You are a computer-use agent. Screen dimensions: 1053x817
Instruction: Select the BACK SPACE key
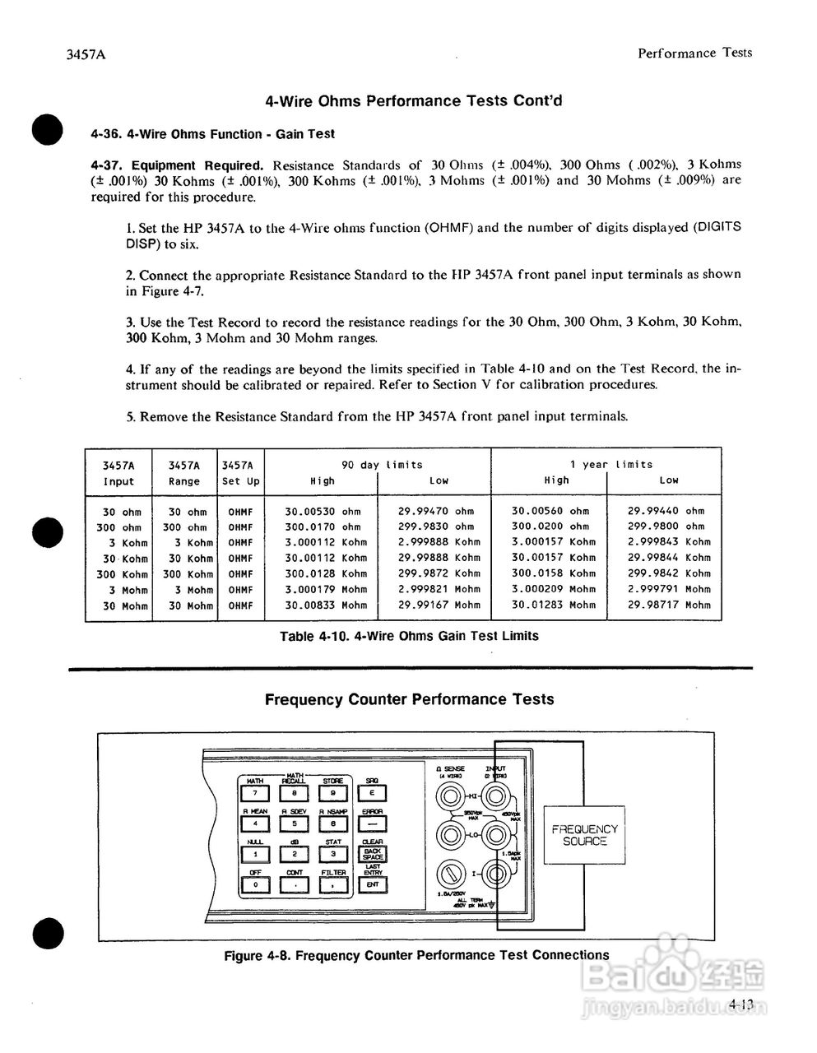pos(373,854)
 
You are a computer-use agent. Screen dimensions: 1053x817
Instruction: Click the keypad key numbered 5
pos(295,823)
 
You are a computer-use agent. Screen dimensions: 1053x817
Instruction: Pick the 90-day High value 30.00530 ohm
pos(323,511)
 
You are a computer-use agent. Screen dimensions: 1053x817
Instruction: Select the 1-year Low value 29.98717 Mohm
pos(668,605)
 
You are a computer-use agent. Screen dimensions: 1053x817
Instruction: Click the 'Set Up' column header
pos(241,481)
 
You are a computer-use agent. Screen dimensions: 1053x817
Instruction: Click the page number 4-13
pos(741,1003)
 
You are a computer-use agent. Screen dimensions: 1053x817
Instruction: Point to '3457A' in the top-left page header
pos(87,55)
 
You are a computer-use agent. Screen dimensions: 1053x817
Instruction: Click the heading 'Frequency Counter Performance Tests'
pos(409,699)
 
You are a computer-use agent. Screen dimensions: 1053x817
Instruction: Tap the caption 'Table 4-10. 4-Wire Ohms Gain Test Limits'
pos(409,636)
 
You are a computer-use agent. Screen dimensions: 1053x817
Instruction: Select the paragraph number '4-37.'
pos(107,165)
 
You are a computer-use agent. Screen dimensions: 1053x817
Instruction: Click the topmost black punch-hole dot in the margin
pos(48,129)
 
